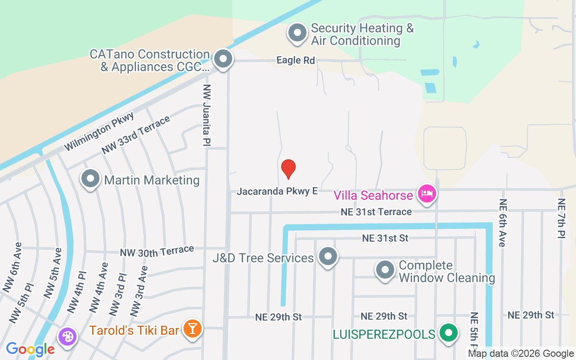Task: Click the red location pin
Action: coord(288,169)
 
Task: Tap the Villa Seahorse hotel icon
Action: coord(426,194)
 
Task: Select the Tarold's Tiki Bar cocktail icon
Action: coord(192,329)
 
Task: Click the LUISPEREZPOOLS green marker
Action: coord(448,333)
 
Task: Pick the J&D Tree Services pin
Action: coord(328,256)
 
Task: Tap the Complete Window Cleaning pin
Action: coord(385,270)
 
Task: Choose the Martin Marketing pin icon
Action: coord(90,179)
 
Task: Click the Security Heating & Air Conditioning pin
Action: coord(297,33)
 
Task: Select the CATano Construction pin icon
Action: coord(223,58)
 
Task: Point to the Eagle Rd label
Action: coord(296,60)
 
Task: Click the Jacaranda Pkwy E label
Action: coord(278,191)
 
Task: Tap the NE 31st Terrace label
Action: coord(376,211)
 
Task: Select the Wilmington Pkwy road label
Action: coord(99,131)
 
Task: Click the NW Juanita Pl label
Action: coord(207,115)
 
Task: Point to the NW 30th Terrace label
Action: coord(157,251)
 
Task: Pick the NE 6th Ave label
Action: coord(503,223)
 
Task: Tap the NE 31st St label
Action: coord(385,238)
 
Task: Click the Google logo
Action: coord(30,349)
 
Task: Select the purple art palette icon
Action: coord(67,337)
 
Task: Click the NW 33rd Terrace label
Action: coord(136,135)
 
